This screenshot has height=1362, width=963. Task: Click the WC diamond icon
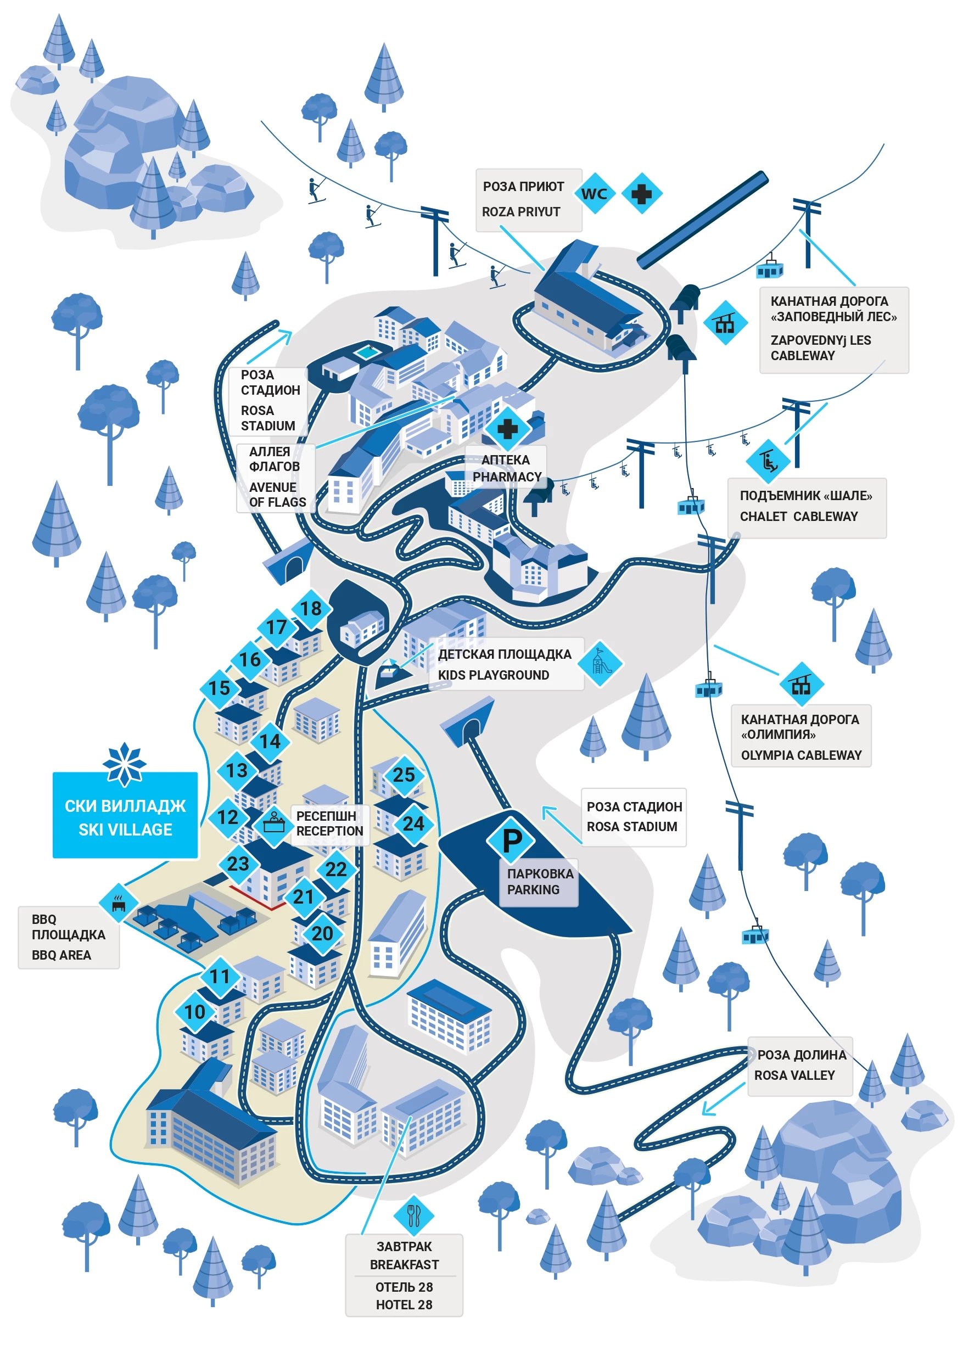[594, 193]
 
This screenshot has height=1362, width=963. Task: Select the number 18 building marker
[310, 608]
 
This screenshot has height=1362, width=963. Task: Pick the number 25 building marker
[404, 774]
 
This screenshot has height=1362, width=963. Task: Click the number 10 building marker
[194, 1011]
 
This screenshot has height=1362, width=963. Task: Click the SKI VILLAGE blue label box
[125, 817]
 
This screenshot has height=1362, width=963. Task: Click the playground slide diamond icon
[600, 663]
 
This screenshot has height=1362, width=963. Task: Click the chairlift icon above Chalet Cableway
[768, 459]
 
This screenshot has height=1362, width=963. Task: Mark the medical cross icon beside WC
[641, 193]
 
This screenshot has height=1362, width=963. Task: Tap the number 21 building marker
[303, 896]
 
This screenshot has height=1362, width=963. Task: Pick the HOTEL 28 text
[404, 1304]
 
